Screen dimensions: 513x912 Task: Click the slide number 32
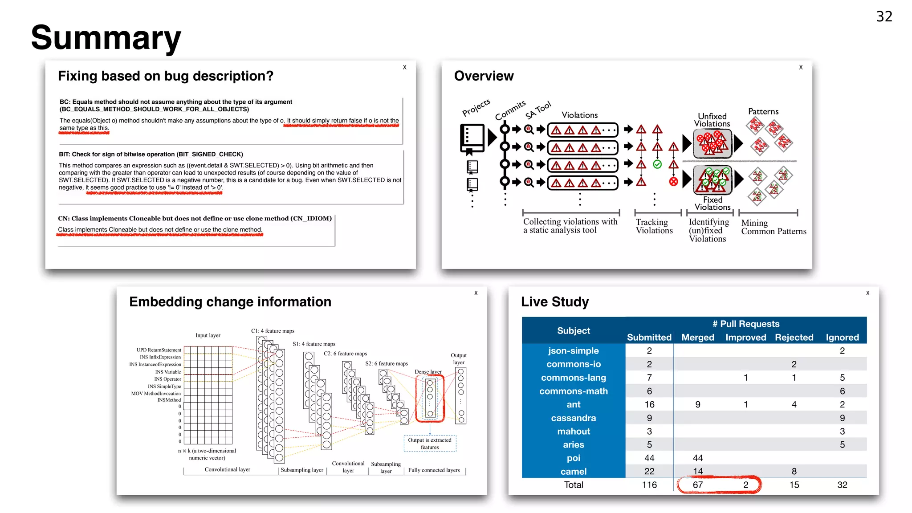tap(884, 16)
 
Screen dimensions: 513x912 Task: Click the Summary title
tap(106, 38)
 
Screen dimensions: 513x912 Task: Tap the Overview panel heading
tap(484, 76)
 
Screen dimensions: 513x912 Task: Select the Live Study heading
tap(555, 302)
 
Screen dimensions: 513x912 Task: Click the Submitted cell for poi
tap(649, 458)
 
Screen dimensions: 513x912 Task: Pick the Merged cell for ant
tap(697, 404)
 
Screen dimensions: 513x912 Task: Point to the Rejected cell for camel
tap(794, 471)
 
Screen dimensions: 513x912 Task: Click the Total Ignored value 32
tap(842, 484)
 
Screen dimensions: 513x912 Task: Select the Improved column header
tap(745, 337)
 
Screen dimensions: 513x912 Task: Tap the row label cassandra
tap(573, 418)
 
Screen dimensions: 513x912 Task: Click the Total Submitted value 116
tap(649, 484)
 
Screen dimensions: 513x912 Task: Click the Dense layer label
tap(428, 371)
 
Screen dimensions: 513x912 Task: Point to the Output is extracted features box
tap(430, 444)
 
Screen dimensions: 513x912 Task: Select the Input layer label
tap(208, 335)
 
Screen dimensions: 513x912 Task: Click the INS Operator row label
tap(167, 379)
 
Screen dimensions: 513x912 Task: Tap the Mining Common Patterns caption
tap(773, 227)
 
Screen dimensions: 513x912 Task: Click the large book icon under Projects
tap(472, 138)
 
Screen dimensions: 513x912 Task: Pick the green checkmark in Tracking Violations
tap(657, 164)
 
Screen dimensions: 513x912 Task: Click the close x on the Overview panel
tap(801, 67)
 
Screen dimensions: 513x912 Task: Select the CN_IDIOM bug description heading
tap(195, 218)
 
